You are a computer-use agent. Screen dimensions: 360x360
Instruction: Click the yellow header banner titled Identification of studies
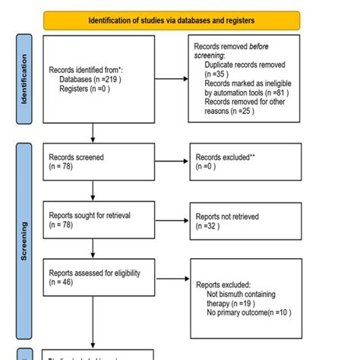tap(172, 20)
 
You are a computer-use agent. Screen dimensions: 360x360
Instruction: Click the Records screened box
tap(93, 161)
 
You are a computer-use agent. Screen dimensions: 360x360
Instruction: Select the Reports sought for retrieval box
tap(93, 220)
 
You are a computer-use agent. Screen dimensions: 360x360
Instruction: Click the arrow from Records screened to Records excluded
tap(166, 161)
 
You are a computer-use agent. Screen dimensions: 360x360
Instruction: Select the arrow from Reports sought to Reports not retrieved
tap(166, 220)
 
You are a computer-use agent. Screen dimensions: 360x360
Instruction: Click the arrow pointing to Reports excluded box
tap(166, 278)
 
